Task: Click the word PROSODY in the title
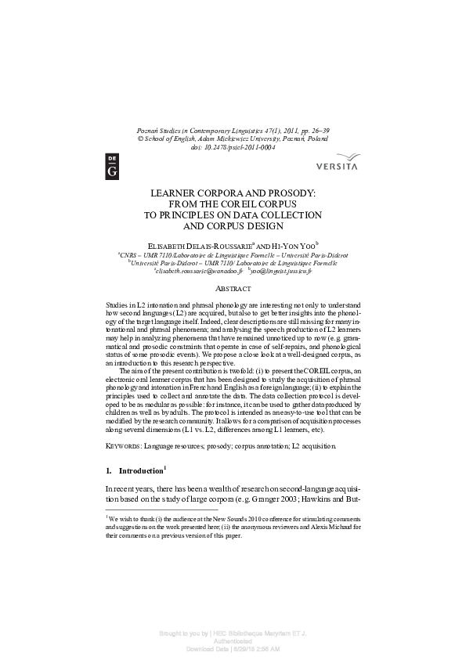[x=287, y=192]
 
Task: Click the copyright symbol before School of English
[x=140, y=138]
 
